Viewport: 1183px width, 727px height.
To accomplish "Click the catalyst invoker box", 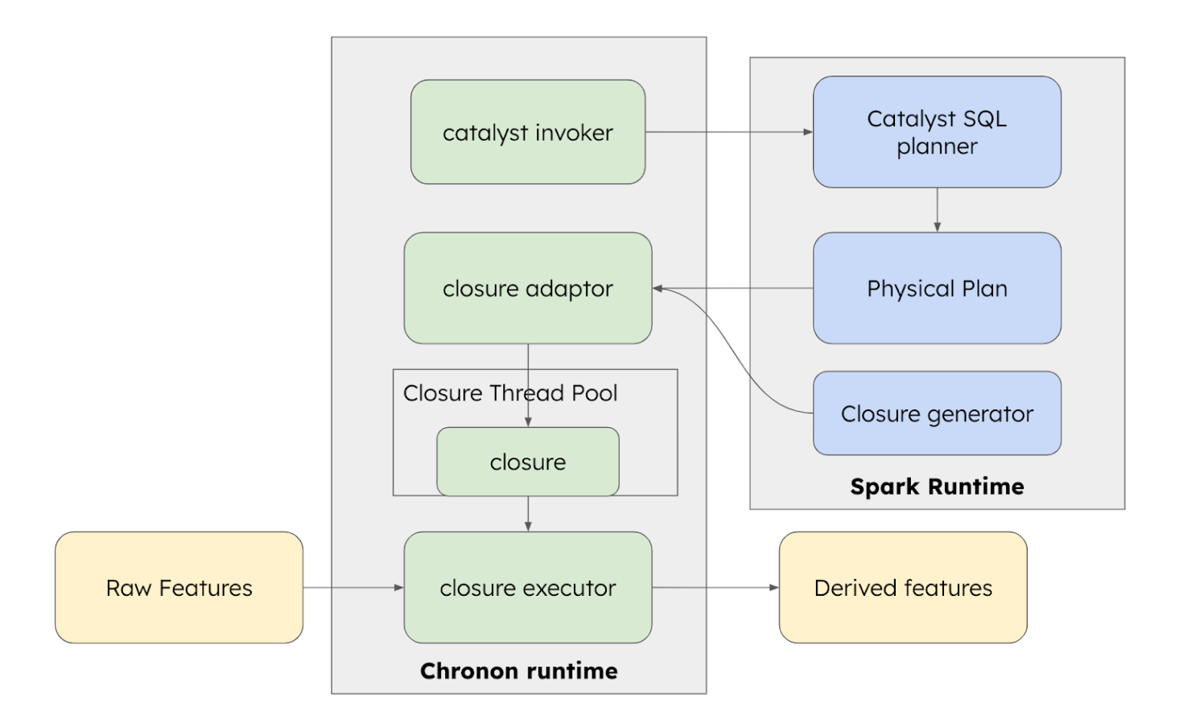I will pyautogui.click(x=527, y=132).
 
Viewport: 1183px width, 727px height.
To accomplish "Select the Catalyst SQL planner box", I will pyautogui.click(x=937, y=132).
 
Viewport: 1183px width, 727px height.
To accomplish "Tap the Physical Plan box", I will pyautogui.click(x=937, y=288).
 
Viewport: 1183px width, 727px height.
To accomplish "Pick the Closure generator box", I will pyautogui.click(x=937, y=413).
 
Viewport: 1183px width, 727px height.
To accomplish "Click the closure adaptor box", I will pyautogui.click(x=527, y=288).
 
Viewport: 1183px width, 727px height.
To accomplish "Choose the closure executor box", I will pyautogui.click(x=527, y=587).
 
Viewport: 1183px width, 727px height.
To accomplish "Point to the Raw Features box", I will pyautogui.click(x=179, y=587).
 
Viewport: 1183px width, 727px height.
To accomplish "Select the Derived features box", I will pyautogui.click(x=903, y=587).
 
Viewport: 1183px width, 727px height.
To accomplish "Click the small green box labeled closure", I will pyautogui.click(x=527, y=462).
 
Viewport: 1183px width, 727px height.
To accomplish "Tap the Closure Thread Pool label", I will pyautogui.click(x=510, y=393).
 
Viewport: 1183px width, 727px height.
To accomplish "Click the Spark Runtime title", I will pyautogui.click(x=937, y=487).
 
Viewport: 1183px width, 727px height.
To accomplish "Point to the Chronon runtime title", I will pyautogui.click(x=519, y=671).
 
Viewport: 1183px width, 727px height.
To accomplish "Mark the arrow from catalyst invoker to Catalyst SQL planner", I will pyautogui.click(x=728, y=132).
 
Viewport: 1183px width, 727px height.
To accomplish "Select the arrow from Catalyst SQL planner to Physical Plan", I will pyautogui.click(x=937, y=210).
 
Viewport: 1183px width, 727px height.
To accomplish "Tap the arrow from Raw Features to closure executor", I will pyautogui.click(x=352, y=587).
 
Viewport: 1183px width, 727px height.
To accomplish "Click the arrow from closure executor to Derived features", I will pyautogui.click(x=715, y=587).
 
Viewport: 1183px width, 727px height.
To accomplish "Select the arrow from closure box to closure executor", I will pyautogui.click(x=528, y=514).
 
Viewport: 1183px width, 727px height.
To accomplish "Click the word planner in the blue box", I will pyautogui.click(x=937, y=146).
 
